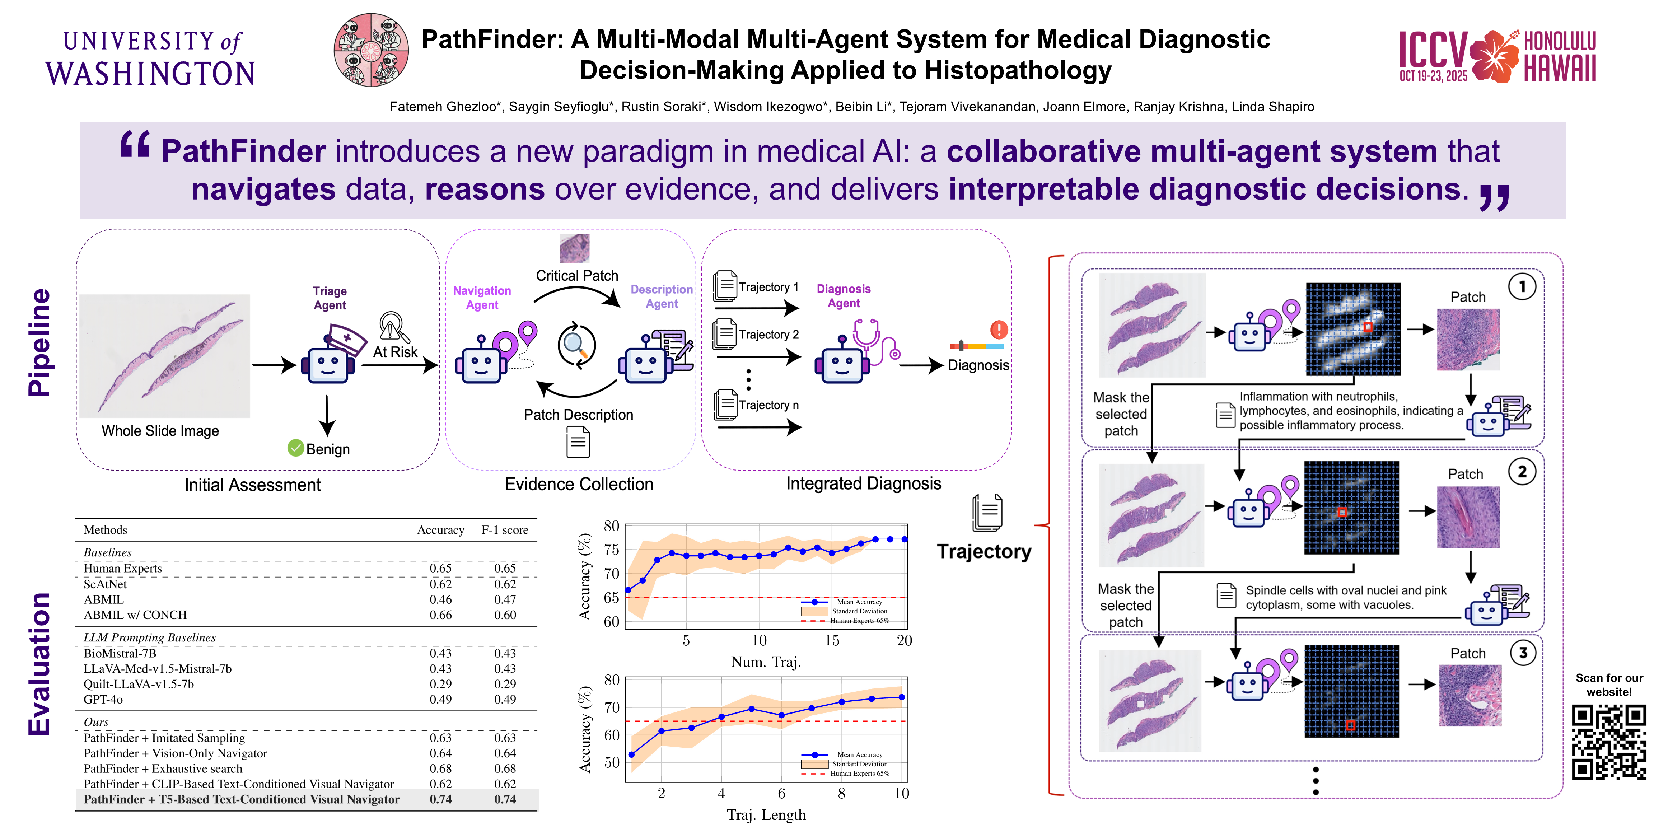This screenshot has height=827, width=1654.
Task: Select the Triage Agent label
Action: tap(330, 298)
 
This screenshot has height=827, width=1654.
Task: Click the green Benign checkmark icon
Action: tap(295, 448)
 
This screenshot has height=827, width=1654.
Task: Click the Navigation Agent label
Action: tap(482, 298)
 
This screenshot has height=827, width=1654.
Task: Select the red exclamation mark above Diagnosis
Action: tap(999, 330)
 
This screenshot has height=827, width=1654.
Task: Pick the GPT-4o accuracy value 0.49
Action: tap(440, 699)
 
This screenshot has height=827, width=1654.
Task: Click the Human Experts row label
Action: tap(123, 568)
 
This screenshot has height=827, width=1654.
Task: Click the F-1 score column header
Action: tap(505, 530)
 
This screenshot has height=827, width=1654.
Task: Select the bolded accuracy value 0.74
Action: tap(440, 799)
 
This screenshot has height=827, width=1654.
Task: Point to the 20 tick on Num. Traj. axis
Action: tap(904, 640)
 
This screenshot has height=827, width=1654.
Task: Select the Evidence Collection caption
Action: tap(579, 484)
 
